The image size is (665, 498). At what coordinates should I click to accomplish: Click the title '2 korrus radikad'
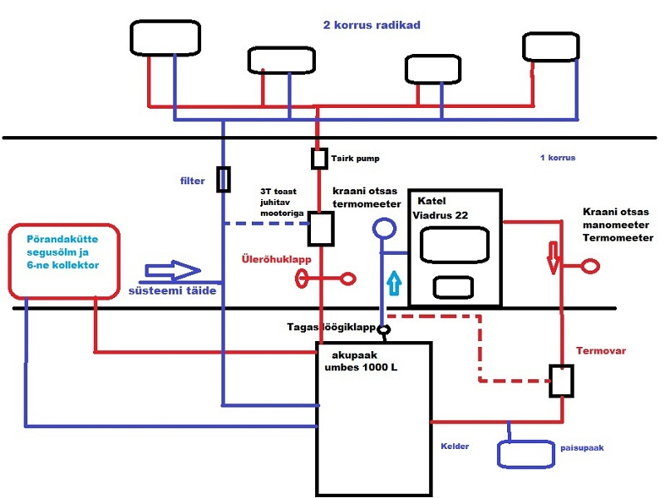(x=372, y=25)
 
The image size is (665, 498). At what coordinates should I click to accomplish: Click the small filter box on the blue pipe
(x=223, y=179)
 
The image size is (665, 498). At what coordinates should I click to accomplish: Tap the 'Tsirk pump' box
(x=318, y=157)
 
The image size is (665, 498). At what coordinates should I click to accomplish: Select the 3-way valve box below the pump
(x=320, y=228)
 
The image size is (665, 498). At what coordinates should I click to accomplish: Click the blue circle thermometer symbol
(x=385, y=228)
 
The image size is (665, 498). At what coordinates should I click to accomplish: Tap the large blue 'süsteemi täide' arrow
(x=173, y=271)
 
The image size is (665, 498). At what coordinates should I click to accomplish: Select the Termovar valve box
(x=561, y=379)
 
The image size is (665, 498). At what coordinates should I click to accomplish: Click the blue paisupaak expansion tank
(x=525, y=453)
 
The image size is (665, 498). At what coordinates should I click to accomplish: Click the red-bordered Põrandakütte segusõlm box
(x=64, y=259)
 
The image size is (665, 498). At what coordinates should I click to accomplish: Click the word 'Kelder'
(x=455, y=446)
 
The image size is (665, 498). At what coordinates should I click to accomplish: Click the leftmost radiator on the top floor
(x=166, y=37)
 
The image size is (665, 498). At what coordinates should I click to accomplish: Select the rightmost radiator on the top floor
(x=549, y=46)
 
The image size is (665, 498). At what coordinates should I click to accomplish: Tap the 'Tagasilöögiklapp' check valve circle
(x=384, y=330)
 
